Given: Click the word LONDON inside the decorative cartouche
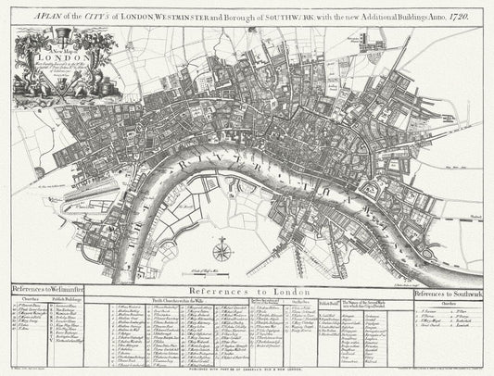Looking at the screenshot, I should (x=50, y=54).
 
